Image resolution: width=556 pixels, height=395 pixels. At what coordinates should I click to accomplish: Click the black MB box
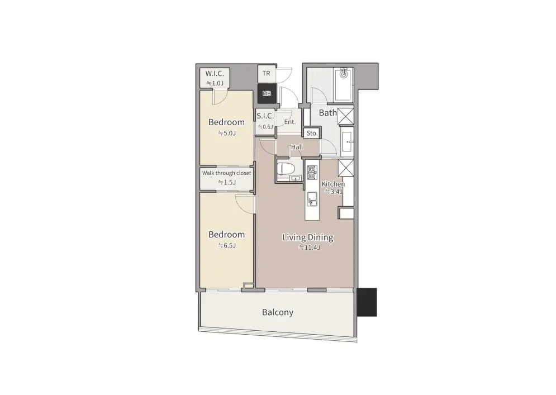pos(267,94)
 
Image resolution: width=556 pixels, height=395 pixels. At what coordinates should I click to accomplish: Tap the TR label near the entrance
pos(267,73)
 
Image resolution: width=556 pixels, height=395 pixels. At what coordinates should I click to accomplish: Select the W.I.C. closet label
pos(215,74)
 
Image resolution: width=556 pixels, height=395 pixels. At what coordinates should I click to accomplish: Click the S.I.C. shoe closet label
pos(265,116)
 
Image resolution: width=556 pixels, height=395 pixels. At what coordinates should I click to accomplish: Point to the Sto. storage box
pos(312,134)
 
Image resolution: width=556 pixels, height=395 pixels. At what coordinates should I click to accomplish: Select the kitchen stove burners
pos(311,173)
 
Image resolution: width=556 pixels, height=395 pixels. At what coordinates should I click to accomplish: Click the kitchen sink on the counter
pos(312,199)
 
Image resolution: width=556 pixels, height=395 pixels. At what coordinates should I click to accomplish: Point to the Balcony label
pos(278,312)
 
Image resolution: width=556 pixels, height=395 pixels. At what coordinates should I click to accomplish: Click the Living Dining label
pos(308,237)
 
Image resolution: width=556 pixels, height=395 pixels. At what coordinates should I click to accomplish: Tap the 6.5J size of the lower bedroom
pos(227,245)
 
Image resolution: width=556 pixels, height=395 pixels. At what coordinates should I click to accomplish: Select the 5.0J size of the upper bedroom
pos(227,134)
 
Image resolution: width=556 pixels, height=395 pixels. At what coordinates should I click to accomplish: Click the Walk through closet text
pos(226,173)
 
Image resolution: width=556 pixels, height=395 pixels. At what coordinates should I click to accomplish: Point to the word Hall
pos(297,147)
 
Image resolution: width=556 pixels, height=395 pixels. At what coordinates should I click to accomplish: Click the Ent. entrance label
pos(289,122)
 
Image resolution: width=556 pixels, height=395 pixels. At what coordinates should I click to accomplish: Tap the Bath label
pos(328,113)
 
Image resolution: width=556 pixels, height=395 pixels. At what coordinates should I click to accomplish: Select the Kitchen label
pos(333,184)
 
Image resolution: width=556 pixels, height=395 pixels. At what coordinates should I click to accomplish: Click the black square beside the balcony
pos(367,302)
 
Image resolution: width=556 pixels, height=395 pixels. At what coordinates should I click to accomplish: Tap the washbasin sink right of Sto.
pos(347,142)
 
